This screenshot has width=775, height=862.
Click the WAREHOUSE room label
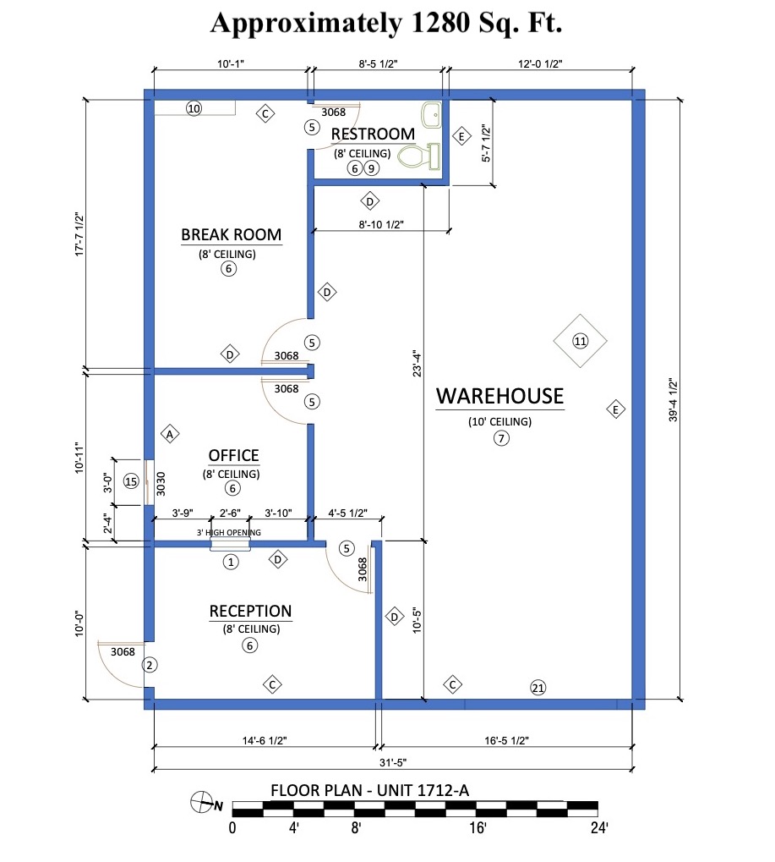[x=499, y=397]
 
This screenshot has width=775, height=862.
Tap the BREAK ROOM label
[x=232, y=234]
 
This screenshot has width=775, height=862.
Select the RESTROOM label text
[x=373, y=135]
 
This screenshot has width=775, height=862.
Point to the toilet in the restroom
[x=419, y=156]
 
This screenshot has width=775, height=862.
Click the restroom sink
[x=431, y=115]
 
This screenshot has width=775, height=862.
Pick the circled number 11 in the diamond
[x=580, y=341]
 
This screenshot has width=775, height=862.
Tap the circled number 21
[x=538, y=687]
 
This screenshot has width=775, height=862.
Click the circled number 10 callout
[x=194, y=108]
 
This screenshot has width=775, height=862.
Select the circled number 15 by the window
[x=131, y=481]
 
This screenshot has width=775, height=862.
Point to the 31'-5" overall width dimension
[x=393, y=762]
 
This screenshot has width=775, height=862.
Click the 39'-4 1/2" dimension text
[x=674, y=399]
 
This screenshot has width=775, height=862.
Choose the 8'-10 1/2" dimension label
[x=381, y=224]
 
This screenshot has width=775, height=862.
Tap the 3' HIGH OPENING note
[x=229, y=532]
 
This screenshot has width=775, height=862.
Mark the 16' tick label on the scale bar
[x=478, y=827]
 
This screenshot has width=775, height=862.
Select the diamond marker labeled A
[x=170, y=434]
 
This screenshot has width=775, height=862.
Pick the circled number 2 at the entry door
[x=150, y=665]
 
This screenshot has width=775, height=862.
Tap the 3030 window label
[x=161, y=484]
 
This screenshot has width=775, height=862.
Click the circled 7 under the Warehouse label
[x=501, y=438]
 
